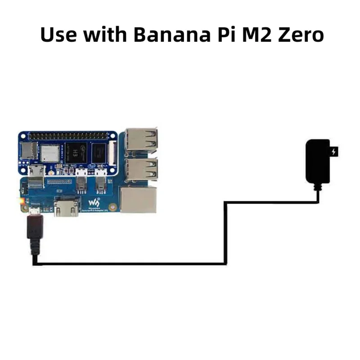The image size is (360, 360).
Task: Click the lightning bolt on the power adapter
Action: pos(334,152)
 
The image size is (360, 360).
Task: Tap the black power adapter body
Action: pos(319,161)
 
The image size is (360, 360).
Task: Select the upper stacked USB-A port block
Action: pos(141,139)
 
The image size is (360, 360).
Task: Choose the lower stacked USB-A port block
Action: pos(141,169)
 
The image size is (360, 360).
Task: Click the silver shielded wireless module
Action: pos(49,153)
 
